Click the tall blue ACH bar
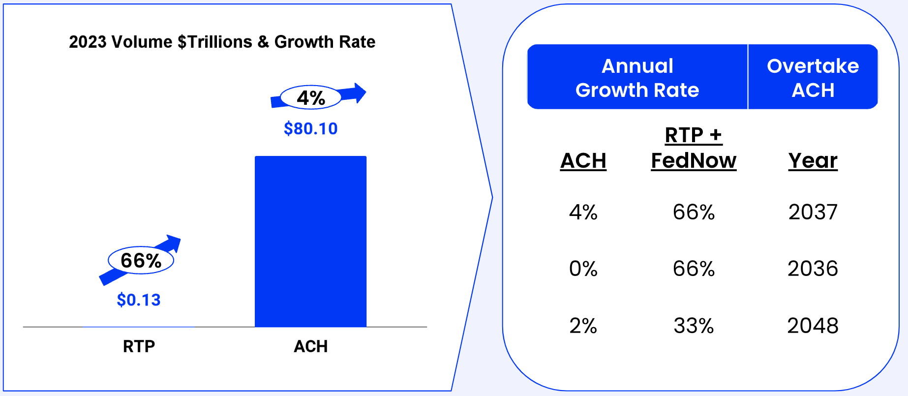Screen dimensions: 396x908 [310, 241]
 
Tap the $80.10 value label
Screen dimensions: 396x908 [310, 129]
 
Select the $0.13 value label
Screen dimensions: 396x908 [139, 300]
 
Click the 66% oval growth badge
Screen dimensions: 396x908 [141, 260]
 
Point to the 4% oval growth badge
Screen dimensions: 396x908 [310, 97]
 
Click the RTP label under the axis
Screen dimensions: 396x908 [139, 346]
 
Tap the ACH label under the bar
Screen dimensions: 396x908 [310, 346]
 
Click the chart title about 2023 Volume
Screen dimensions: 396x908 [222, 42]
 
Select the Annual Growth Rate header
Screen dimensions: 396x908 [637, 78]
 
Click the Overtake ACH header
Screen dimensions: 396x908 [813, 78]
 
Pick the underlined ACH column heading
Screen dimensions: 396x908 [583, 161]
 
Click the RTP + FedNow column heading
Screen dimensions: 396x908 [694, 148]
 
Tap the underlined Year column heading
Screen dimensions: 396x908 [813, 161]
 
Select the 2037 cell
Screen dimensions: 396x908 [813, 212]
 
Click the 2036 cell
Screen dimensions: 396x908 [813, 269]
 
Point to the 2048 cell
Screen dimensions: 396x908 [813, 326]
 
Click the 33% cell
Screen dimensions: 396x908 [694, 326]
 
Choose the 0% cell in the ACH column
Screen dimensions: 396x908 [583, 269]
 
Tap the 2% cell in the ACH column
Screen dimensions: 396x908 [583, 326]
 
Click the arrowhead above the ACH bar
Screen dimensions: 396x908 [360, 92]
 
